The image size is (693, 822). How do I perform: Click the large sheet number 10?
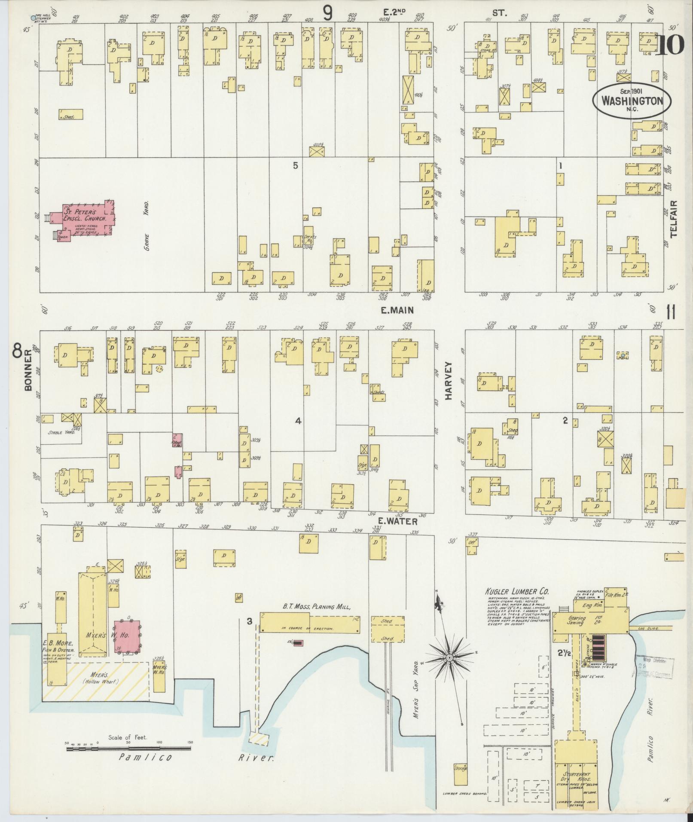(671, 45)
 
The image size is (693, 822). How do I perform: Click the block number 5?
(295, 165)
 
